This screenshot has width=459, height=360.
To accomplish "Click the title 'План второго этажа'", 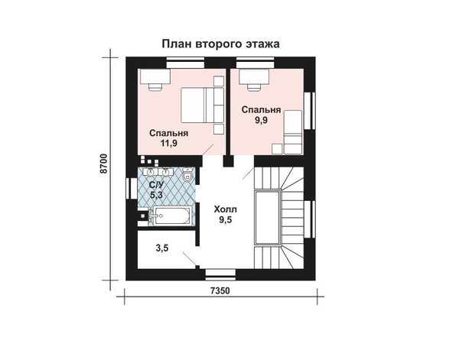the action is (x=221, y=44).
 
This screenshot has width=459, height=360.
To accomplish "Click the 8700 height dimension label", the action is (x=104, y=164).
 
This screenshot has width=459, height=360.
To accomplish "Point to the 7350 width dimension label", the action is (x=220, y=290).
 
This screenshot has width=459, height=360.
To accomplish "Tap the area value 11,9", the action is (x=168, y=143).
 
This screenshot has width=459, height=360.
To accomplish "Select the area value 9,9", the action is (x=261, y=120).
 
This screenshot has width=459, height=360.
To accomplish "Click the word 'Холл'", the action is (x=225, y=209).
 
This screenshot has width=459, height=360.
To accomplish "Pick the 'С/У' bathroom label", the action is (x=156, y=185).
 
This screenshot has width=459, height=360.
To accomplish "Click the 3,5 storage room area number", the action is (x=162, y=248).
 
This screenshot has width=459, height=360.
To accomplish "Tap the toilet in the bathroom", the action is (x=187, y=176).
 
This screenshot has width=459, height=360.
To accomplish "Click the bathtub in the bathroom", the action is (x=172, y=216).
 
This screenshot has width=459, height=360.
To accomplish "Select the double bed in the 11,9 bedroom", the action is (x=202, y=105).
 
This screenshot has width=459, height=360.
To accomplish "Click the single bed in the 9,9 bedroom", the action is (x=293, y=132).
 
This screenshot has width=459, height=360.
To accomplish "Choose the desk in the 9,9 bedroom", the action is (x=254, y=76).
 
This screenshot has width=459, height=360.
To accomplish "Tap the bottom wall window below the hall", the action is (x=220, y=273).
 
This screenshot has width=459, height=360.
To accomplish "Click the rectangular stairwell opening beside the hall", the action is (x=268, y=217).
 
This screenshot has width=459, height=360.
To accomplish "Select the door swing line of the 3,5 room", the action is (x=189, y=258).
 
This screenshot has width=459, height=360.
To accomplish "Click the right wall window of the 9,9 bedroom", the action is (x=309, y=111).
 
